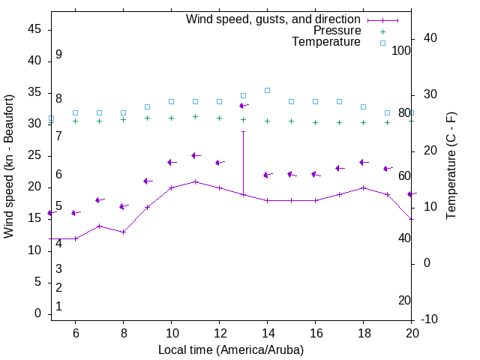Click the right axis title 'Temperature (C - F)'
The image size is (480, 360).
click(451, 166)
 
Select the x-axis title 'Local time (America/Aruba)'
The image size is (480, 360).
click(231, 349)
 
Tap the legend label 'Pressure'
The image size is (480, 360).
click(337, 31)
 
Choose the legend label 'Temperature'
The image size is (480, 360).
click(326, 42)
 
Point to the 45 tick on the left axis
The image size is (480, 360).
click(34, 28)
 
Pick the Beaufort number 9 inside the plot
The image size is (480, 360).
click(58, 55)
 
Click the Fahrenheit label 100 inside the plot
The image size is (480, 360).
click(401, 50)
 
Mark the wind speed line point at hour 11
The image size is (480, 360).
click(195, 181)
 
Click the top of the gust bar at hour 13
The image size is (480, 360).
click(243, 131)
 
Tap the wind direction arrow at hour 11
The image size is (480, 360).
click(195, 156)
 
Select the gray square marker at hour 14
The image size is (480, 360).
click(267, 90)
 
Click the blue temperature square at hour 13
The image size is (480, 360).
click(243, 95)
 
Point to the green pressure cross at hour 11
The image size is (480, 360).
click(195, 116)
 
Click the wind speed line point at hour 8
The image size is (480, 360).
click(123, 232)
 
